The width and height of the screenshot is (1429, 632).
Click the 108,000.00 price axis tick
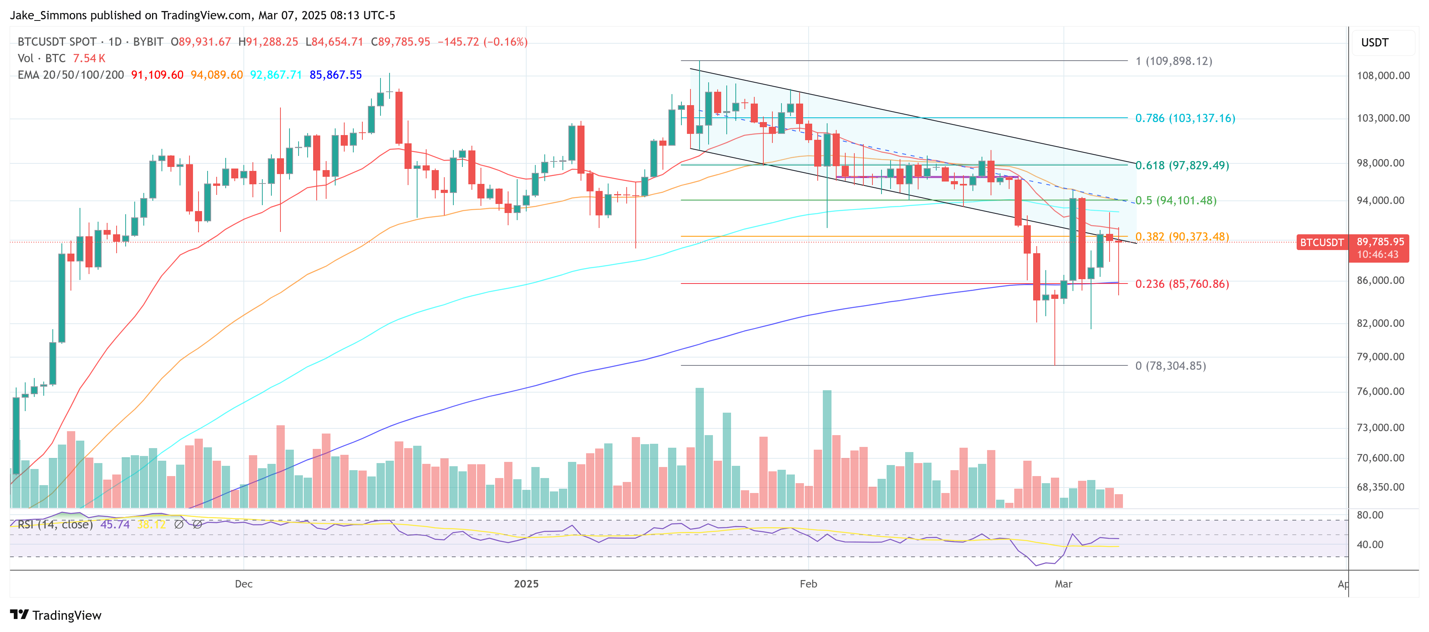click(1383, 75)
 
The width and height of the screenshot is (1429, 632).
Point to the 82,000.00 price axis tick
click(1380, 323)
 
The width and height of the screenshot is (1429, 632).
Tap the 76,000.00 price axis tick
click(1380, 391)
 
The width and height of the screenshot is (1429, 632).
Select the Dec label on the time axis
click(243, 584)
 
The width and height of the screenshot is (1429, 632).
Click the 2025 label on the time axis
click(526, 584)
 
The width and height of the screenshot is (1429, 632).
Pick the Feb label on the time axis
click(808, 584)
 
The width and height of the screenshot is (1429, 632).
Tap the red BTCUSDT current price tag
click(1321, 242)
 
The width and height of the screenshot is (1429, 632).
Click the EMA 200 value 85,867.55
click(336, 75)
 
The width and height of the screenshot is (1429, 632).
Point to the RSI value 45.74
click(115, 525)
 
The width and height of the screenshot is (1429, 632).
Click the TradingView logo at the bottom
click(56, 615)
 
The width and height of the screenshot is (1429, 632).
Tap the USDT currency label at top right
click(1375, 43)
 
